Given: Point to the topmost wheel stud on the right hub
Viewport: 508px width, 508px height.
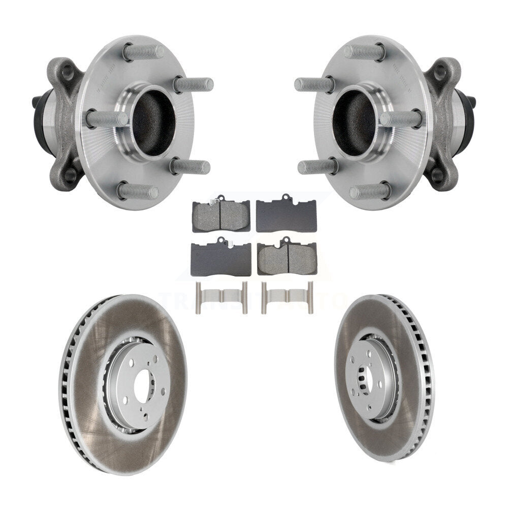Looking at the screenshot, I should pos(364,52).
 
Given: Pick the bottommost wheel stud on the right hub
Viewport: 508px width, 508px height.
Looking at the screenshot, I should pos(370,192).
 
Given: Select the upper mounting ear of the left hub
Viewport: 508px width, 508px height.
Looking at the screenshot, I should pos(63,71).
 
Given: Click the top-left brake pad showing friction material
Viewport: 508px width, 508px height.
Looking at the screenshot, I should pos(221,215).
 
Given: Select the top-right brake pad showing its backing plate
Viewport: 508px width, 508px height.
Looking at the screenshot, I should pos(287,215).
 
